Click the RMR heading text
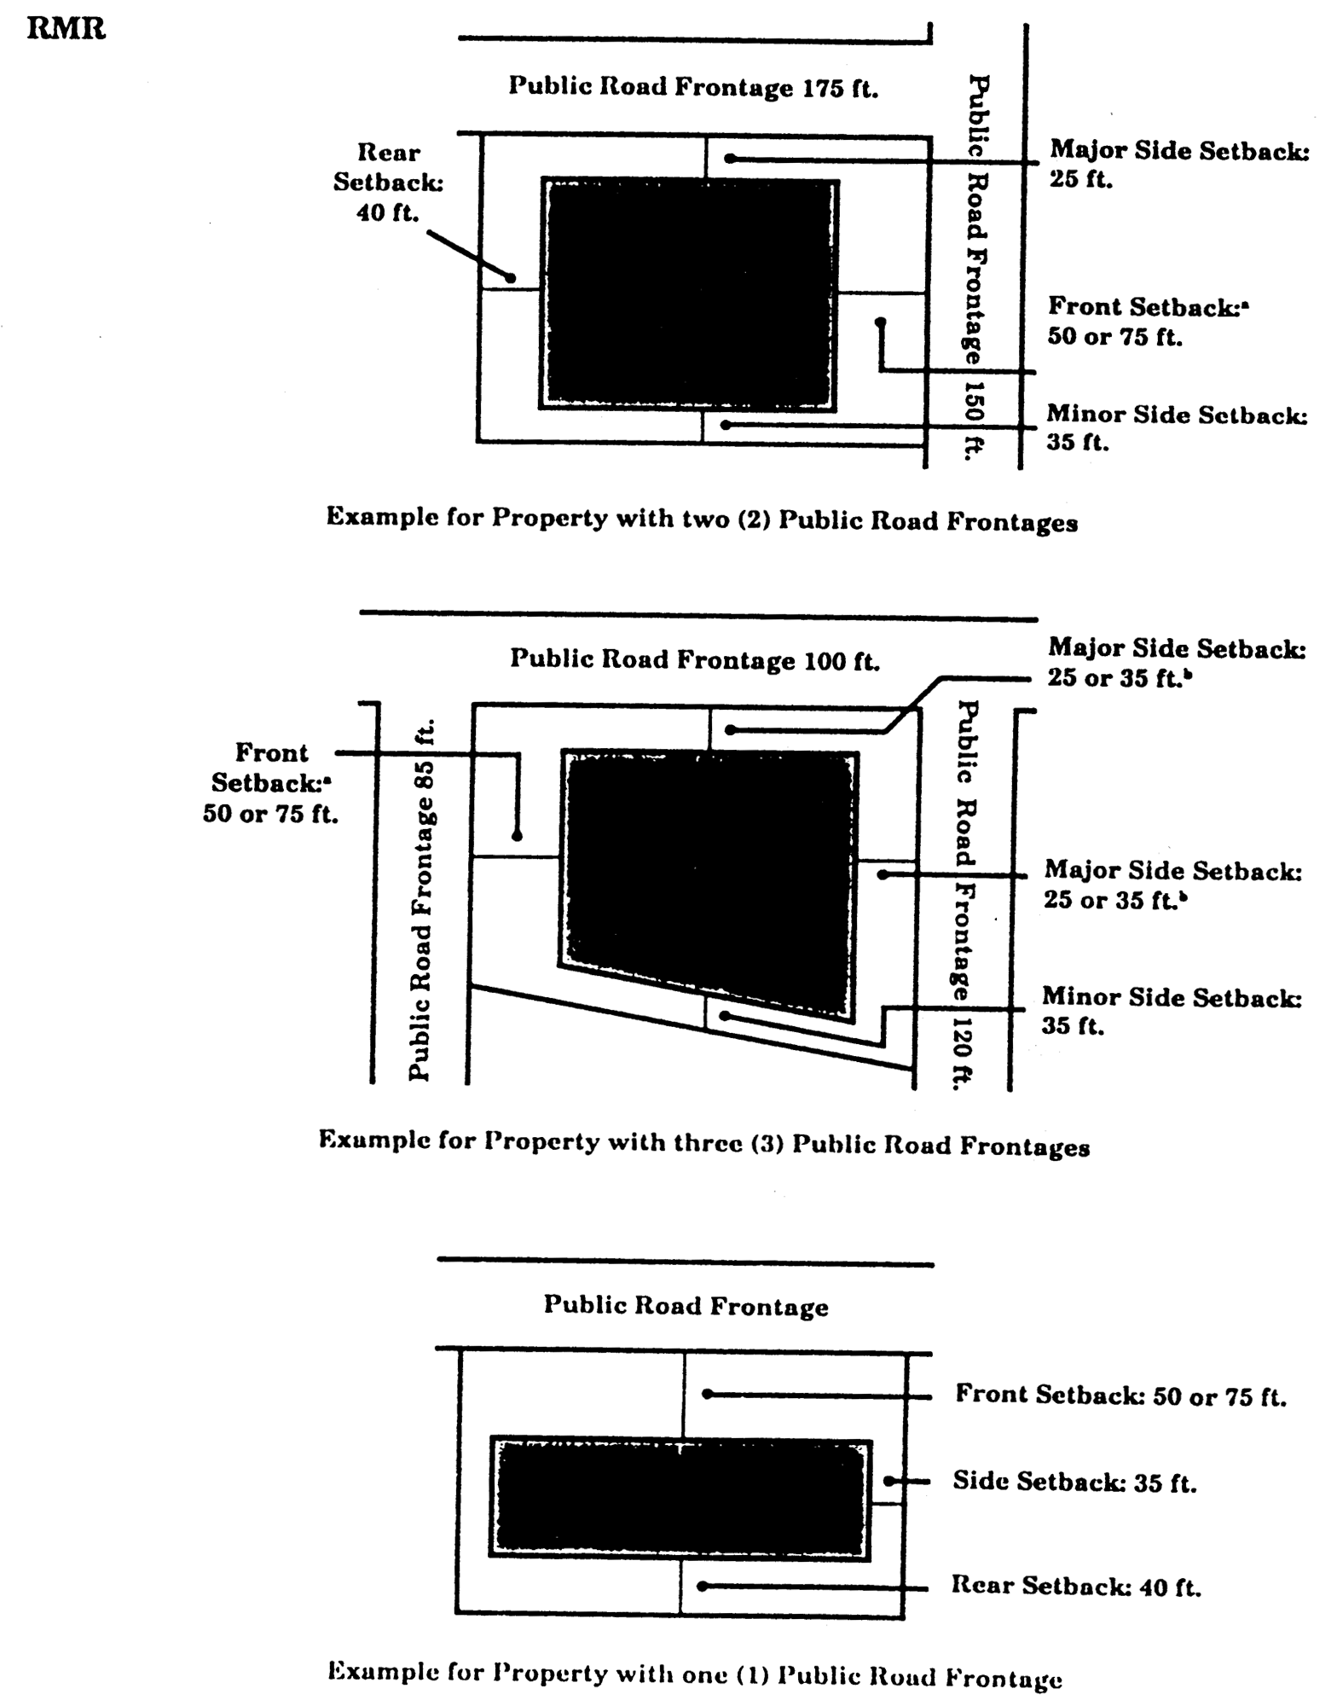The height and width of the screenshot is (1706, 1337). [x=67, y=31]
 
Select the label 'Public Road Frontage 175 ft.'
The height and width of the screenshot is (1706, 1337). [x=693, y=88]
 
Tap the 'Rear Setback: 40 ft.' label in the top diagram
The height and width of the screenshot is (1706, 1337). [x=388, y=183]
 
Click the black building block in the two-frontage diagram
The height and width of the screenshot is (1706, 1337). [x=689, y=294]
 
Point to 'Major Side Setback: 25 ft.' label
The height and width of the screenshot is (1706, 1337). [x=1178, y=164]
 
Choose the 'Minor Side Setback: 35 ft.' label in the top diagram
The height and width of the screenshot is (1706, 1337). [x=1177, y=428]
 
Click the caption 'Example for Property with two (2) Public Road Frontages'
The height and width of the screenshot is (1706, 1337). [x=702, y=520]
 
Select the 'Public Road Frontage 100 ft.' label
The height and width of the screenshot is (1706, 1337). [x=695, y=659]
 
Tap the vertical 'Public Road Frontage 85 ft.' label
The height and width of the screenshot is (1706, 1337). [x=422, y=900]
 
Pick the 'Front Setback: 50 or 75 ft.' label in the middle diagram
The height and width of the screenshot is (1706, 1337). [x=270, y=783]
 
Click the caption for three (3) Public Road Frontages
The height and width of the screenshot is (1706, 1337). [x=703, y=1143]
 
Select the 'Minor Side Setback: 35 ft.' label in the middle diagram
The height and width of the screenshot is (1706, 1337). [x=1171, y=1010]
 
